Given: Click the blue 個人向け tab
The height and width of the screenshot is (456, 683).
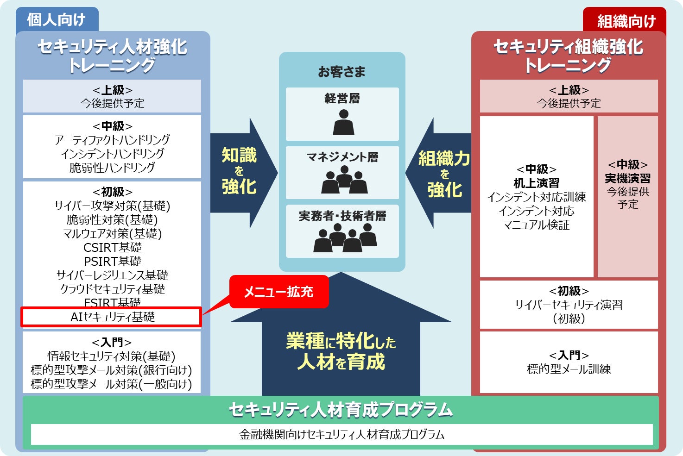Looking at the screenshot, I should point(57,20).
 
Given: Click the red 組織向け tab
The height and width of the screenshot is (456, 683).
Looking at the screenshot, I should point(626,21).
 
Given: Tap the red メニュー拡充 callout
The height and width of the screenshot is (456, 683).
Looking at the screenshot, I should point(279,292).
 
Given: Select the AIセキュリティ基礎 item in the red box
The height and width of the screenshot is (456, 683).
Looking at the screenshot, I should point(112,317).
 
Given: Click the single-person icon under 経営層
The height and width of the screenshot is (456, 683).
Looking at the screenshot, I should point(343,122).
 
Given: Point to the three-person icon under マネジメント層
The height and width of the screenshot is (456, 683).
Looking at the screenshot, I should point(344,180).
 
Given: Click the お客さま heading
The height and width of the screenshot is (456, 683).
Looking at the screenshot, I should point(341,72).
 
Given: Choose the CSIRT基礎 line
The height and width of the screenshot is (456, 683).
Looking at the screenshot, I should point(113,248).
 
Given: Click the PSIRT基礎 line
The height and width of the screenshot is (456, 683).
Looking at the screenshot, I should point(113,262).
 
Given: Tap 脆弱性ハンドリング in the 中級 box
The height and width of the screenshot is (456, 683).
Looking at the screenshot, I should point(112,168).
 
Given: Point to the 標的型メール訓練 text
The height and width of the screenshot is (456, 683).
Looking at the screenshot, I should point(569,369).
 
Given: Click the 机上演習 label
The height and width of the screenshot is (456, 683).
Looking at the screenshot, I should point(536,183).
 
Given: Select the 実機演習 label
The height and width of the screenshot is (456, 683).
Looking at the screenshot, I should point(627,178).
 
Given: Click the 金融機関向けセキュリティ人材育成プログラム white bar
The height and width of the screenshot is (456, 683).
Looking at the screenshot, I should point(341,434).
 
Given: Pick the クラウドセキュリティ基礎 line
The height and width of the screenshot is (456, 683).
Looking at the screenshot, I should point(113,289).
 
